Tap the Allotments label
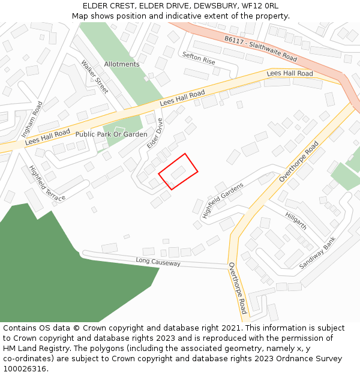click(x=122, y=64)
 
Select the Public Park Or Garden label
click(x=111, y=134)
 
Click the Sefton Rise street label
click(x=199, y=58)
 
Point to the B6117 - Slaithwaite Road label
click(x=261, y=49)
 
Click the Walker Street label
click(x=94, y=76)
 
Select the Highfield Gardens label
click(x=223, y=200)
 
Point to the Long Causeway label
click(x=158, y=262)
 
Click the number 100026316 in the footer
click(x=25, y=368)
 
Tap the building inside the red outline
click(x=178, y=172)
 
